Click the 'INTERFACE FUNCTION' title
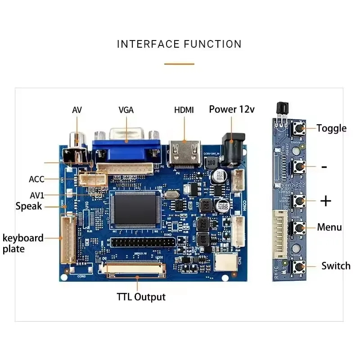[179, 44]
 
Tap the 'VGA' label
[126, 110]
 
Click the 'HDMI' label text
[184, 110]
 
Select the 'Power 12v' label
[232, 109]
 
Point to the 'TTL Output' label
[141, 297]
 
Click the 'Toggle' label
[331, 128]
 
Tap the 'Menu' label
[329, 227]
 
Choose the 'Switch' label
[336, 266]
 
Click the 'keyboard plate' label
[22, 243]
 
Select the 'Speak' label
[29, 206]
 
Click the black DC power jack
[234, 147]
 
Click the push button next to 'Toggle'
[297, 129]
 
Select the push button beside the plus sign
[297, 201]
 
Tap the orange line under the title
[179, 64]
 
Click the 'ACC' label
[36, 179]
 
